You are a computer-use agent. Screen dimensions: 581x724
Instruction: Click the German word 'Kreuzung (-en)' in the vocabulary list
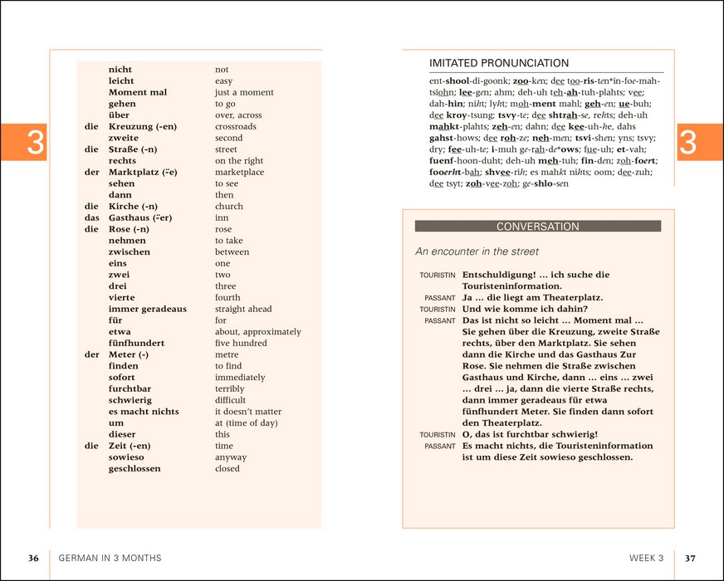pyautogui.click(x=141, y=127)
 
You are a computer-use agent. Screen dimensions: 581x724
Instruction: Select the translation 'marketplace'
pyautogui.click(x=239, y=173)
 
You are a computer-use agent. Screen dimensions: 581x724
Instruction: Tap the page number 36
pyautogui.click(x=33, y=559)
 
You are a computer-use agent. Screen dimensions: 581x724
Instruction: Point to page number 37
pyautogui.click(x=690, y=559)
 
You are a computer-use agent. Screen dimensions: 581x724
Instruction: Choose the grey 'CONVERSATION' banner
pyautogui.click(x=537, y=227)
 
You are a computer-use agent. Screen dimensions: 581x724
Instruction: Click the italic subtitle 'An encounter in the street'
pyautogui.click(x=477, y=251)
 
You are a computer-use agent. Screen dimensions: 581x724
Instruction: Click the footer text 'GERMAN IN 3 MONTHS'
pyautogui.click(x=110, y=559)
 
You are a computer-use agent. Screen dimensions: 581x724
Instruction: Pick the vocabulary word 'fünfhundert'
pyautogui.click(x=136, y=344)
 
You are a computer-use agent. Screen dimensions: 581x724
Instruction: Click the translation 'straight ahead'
pyautogui.click(x=243, y=310)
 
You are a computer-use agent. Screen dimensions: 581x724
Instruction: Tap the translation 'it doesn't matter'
pyautogui.click(x=248, y=412)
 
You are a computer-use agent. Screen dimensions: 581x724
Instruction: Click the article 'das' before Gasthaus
pyautogui.click(x=92, y=218)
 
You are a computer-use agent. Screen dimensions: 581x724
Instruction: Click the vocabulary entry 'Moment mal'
pyautogui.click(x=138, y=93)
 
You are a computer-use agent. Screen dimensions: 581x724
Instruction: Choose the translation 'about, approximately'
pyautogui.click(x=258, y=332)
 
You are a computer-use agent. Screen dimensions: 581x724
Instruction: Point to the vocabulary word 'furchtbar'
pyautogui.click(x=131, y=389)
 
